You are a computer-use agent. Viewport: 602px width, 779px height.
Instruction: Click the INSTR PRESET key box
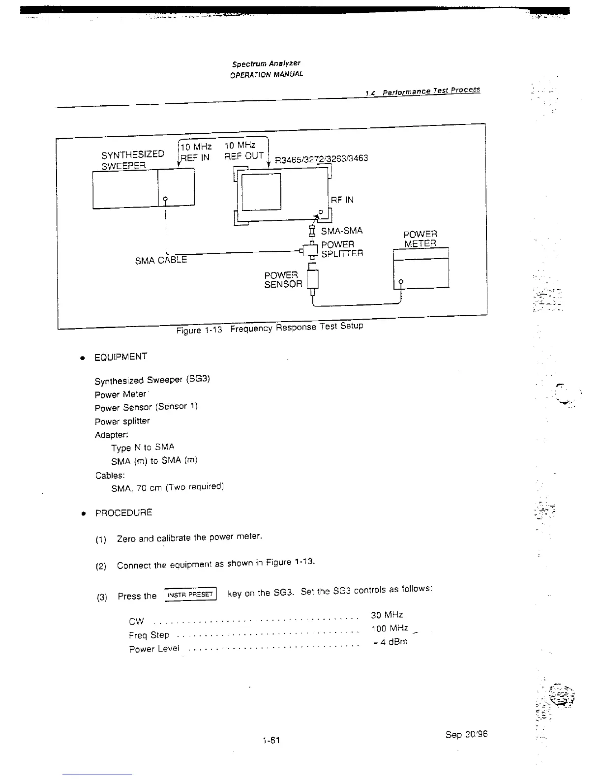[190, 595]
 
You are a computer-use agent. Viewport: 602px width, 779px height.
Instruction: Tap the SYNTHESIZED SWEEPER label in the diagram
[133, 160]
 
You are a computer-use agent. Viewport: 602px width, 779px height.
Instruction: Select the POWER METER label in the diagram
[420, 239]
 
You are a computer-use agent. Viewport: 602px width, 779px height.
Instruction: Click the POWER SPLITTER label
[342, 249]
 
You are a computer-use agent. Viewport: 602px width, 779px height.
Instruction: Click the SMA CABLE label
[161, 260]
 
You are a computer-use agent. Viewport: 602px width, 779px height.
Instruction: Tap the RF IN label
[342, 200]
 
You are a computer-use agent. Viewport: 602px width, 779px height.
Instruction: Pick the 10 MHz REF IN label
[195, 152]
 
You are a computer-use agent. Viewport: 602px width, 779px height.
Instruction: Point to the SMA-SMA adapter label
[341, 231]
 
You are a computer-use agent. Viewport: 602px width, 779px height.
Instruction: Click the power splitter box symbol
[310, 251]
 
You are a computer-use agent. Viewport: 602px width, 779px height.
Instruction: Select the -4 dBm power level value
[390, 642]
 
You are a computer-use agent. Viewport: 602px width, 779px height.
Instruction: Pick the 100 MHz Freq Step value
[390, 629]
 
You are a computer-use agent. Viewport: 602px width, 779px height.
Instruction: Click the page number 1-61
[271, 740]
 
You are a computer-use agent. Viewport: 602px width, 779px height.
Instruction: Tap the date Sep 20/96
[466, 734]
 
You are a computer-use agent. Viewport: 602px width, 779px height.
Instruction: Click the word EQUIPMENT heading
[120, 357]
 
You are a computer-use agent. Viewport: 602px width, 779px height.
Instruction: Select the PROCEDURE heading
[123, 513]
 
